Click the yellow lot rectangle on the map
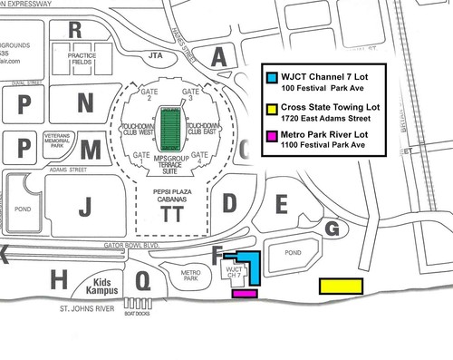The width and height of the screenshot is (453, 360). [342, 287]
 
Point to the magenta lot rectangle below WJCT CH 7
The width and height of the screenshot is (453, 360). [245, 293]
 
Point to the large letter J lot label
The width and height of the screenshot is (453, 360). [84, 207]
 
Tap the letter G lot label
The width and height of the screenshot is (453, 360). [332, 229]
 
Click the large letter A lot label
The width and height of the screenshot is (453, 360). [218, 57]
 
